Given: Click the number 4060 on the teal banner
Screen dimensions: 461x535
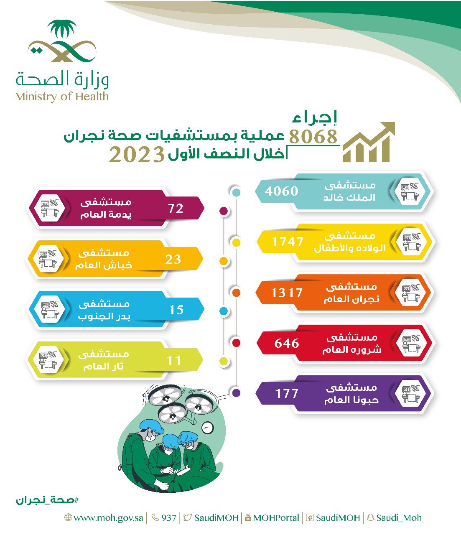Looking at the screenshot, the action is coord(281,191).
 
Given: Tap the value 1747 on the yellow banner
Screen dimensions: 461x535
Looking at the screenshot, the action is coord(287,242).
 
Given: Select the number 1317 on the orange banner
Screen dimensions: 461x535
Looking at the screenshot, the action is coord(287,293).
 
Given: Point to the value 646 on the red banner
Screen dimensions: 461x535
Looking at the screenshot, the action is coord(287,343).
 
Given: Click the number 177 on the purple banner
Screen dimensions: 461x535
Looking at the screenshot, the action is coord(287,393).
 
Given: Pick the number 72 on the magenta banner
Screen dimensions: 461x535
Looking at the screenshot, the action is coord(176,209).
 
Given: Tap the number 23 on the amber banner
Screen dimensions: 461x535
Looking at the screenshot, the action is coord(173,259).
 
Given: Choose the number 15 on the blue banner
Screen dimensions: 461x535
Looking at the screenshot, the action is coord(176,310).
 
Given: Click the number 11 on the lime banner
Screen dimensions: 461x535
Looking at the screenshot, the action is coord(174,360).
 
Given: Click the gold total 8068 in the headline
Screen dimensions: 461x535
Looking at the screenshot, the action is coord(313,136).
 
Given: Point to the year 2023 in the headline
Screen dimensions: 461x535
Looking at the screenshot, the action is coord(137,155).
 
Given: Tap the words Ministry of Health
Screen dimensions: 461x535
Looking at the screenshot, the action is coord(62,97).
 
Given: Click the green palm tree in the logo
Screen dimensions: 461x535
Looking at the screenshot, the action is coord(62,28).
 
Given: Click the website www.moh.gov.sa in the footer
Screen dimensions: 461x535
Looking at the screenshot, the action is coord(104,517).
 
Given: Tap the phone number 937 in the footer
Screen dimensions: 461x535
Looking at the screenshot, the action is coord(164,517).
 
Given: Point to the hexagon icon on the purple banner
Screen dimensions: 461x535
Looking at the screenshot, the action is coord(410,393).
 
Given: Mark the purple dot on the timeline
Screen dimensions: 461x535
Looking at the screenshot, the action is coord(236,393).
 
